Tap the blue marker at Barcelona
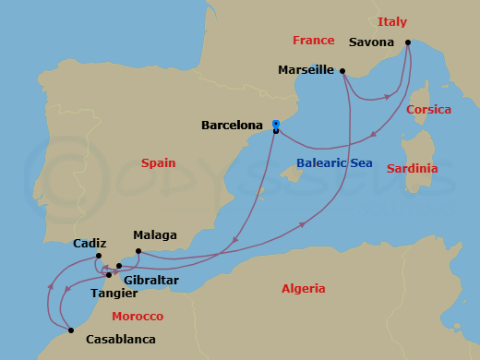click(x=276, y=124)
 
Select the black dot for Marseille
click(x=342, y=70)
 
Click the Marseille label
click(x=306, y=70)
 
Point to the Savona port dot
click(x=407, y=42)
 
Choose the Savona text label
click(x=372, y=42)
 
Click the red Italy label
click(x=391, y=21)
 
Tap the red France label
click(x=313, y=40)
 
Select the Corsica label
click(x=428, y=109)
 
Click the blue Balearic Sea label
click(x=333, y=163)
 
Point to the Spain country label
click(x=158, y=162)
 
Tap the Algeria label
click(x=304, y=288)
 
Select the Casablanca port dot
click(x=71, y=330)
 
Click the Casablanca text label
click(x=120, y=339)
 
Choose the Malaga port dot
click(x=138, y=251)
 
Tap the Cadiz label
click(x=90, y=245)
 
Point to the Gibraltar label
click(x=150, y=279)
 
